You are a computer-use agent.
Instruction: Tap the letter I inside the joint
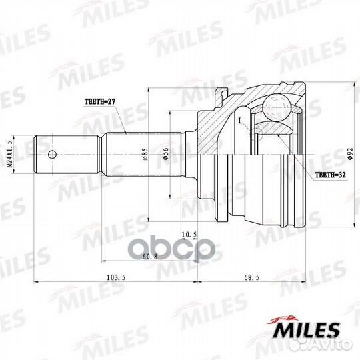pyautogui.click(x=239, y=120)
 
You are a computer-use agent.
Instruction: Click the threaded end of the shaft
pyautogui.click(x=47, y=155)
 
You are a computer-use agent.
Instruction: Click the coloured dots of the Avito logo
pyautogui.click(x=309, y=348)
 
